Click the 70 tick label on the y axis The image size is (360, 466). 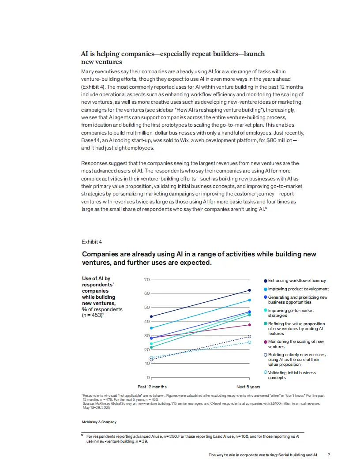(147, 279)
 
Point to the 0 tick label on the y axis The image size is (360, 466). (148, 378)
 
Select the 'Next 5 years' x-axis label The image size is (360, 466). (248, 387)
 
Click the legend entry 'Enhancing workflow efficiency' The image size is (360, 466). (297, 281)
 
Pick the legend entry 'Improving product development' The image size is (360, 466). (298, 289)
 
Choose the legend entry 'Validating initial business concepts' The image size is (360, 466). (292, 375)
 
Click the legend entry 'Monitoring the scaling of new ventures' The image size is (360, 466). (296, 344)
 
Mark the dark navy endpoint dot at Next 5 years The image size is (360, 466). (250, 290)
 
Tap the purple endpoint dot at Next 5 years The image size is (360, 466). (250, 325)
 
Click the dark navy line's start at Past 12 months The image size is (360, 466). (151, 316)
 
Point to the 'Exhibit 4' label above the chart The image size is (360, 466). (91, 242)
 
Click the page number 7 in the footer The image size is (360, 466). (329, 455)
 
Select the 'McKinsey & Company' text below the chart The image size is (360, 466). (99, 422)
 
